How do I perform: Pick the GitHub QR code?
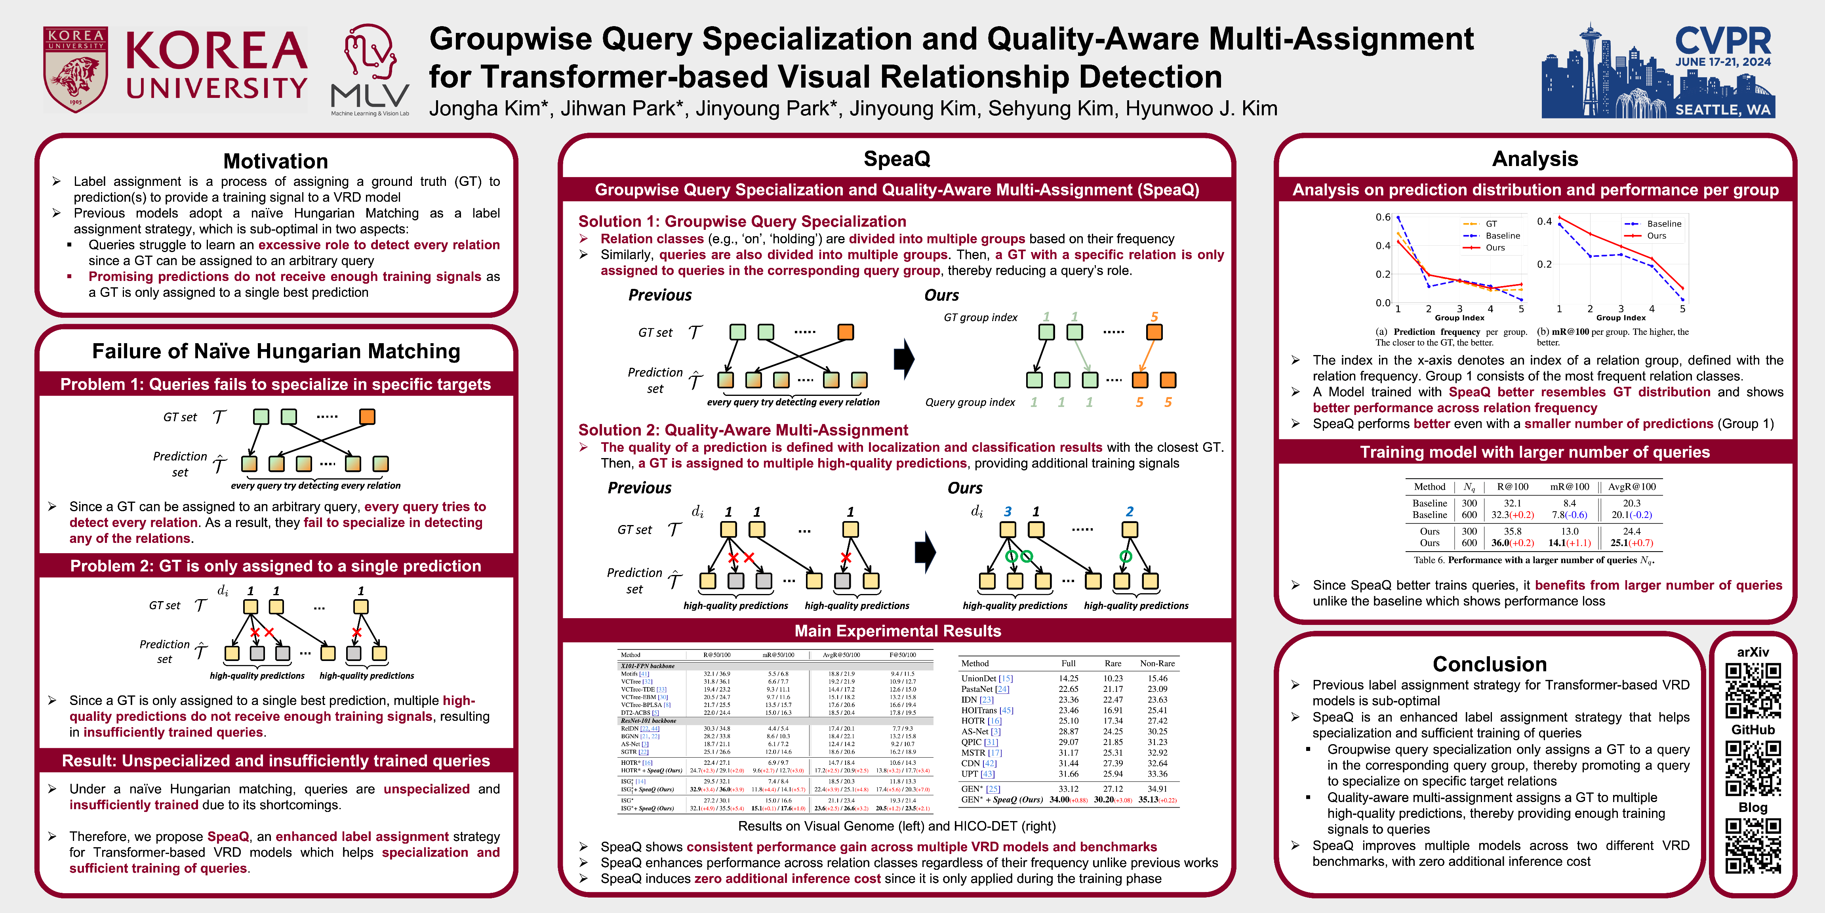click(x=1753, y=768)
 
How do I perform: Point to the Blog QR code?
click(x=1753, y=846)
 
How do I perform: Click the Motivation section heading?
click(x=276, y=161)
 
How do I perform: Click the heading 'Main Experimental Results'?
click(x=897, y=631)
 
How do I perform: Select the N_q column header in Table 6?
click(x=1469, y=487)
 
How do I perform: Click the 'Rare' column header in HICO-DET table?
click(x=1112, y=663)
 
